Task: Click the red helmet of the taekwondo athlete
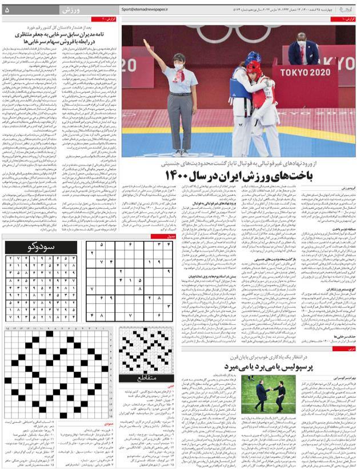(255, 67)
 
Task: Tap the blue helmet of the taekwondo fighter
(254, 57)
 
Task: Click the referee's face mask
(178, 66)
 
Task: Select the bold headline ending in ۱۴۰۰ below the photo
(234, 176)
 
